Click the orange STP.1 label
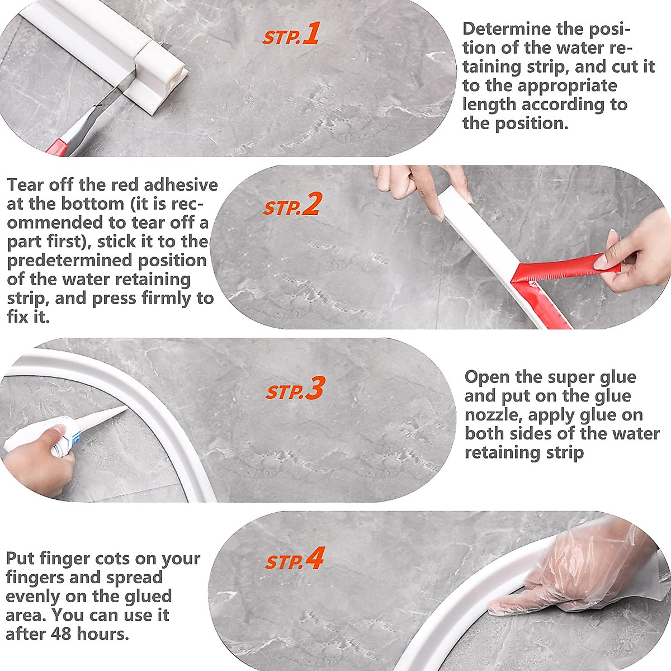291,34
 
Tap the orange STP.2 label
291,204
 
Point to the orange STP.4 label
295,558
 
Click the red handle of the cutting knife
57,147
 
